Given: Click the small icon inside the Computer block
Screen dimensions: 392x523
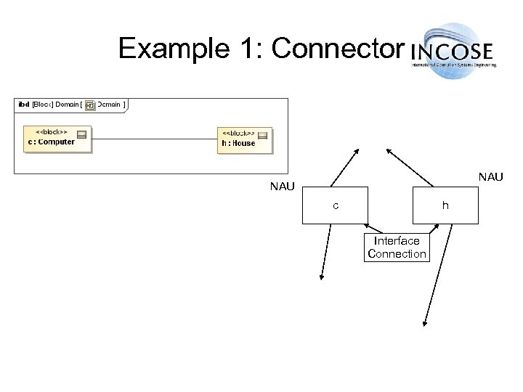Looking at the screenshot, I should point(81,134).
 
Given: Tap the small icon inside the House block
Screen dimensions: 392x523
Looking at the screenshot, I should point(262,135).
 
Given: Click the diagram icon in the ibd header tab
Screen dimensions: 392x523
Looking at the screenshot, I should point(89,105).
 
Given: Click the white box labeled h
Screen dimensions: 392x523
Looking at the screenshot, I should point(445,206).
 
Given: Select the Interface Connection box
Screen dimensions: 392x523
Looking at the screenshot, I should point(397,248).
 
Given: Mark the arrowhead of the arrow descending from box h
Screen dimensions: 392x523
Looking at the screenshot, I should point(425,325).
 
